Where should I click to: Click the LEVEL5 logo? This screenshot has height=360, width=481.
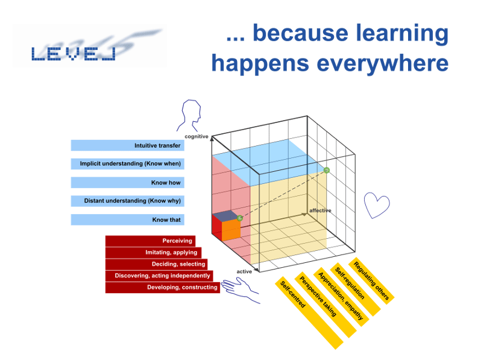click(90, 46)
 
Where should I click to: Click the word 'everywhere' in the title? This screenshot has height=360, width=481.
click(383, 63)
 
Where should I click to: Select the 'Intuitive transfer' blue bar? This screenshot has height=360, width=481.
click(128, 145)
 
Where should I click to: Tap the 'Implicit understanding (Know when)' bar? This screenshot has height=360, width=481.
click(128, 164)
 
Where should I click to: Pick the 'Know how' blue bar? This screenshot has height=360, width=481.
click(128, 183)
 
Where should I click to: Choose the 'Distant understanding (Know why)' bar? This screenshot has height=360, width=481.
click(128, 201)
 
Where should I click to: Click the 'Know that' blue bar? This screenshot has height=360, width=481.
click(128, 219)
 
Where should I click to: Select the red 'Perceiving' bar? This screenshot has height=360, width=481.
click(150, 241)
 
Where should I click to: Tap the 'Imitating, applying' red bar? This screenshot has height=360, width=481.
click(153, 253)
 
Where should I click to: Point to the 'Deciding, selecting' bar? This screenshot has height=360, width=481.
click(157, 264)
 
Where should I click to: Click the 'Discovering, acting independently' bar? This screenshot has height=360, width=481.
click(159, 276)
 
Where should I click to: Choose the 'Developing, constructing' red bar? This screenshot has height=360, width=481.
click(163, 288)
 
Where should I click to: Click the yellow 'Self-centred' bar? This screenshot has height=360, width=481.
click(309, 313)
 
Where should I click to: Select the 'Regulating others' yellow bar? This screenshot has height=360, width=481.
click(371, 281)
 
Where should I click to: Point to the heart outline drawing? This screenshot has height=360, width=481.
click(377, 205)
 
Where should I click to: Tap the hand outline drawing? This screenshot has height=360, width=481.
click(241, 290)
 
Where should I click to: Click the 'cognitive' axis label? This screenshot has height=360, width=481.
click(196, 136)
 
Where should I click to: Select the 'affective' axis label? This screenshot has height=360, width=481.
click(320, 210)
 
